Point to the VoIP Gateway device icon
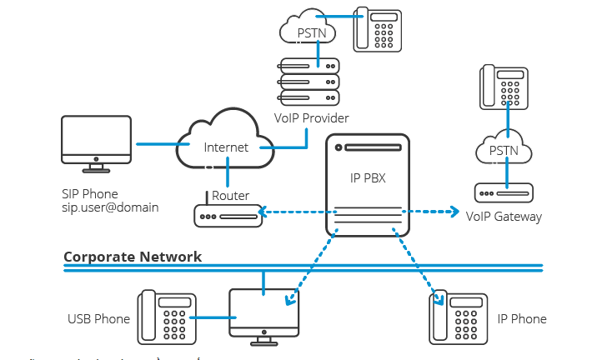[504, 193]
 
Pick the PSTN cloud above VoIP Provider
[308, 30]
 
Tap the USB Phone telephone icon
[168, 317]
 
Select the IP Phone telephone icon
[459, 317]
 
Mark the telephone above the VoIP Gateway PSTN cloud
[504, 87]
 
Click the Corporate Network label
[133, 257]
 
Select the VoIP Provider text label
[310, 118]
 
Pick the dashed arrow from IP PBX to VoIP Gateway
[431, 212]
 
